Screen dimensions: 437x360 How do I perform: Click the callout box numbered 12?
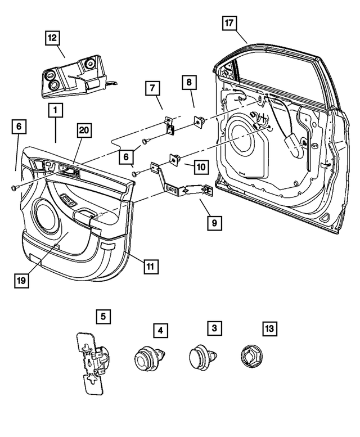(x=52, y=38)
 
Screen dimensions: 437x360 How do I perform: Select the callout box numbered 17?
(x=229, y=23)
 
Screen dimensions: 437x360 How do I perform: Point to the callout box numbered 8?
(x=189, y=83)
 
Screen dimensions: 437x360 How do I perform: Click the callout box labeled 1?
(x=55, y=111)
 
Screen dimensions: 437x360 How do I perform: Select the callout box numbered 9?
(x=214, y=222)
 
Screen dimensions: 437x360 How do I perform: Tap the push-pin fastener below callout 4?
(x=148, y=358)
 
